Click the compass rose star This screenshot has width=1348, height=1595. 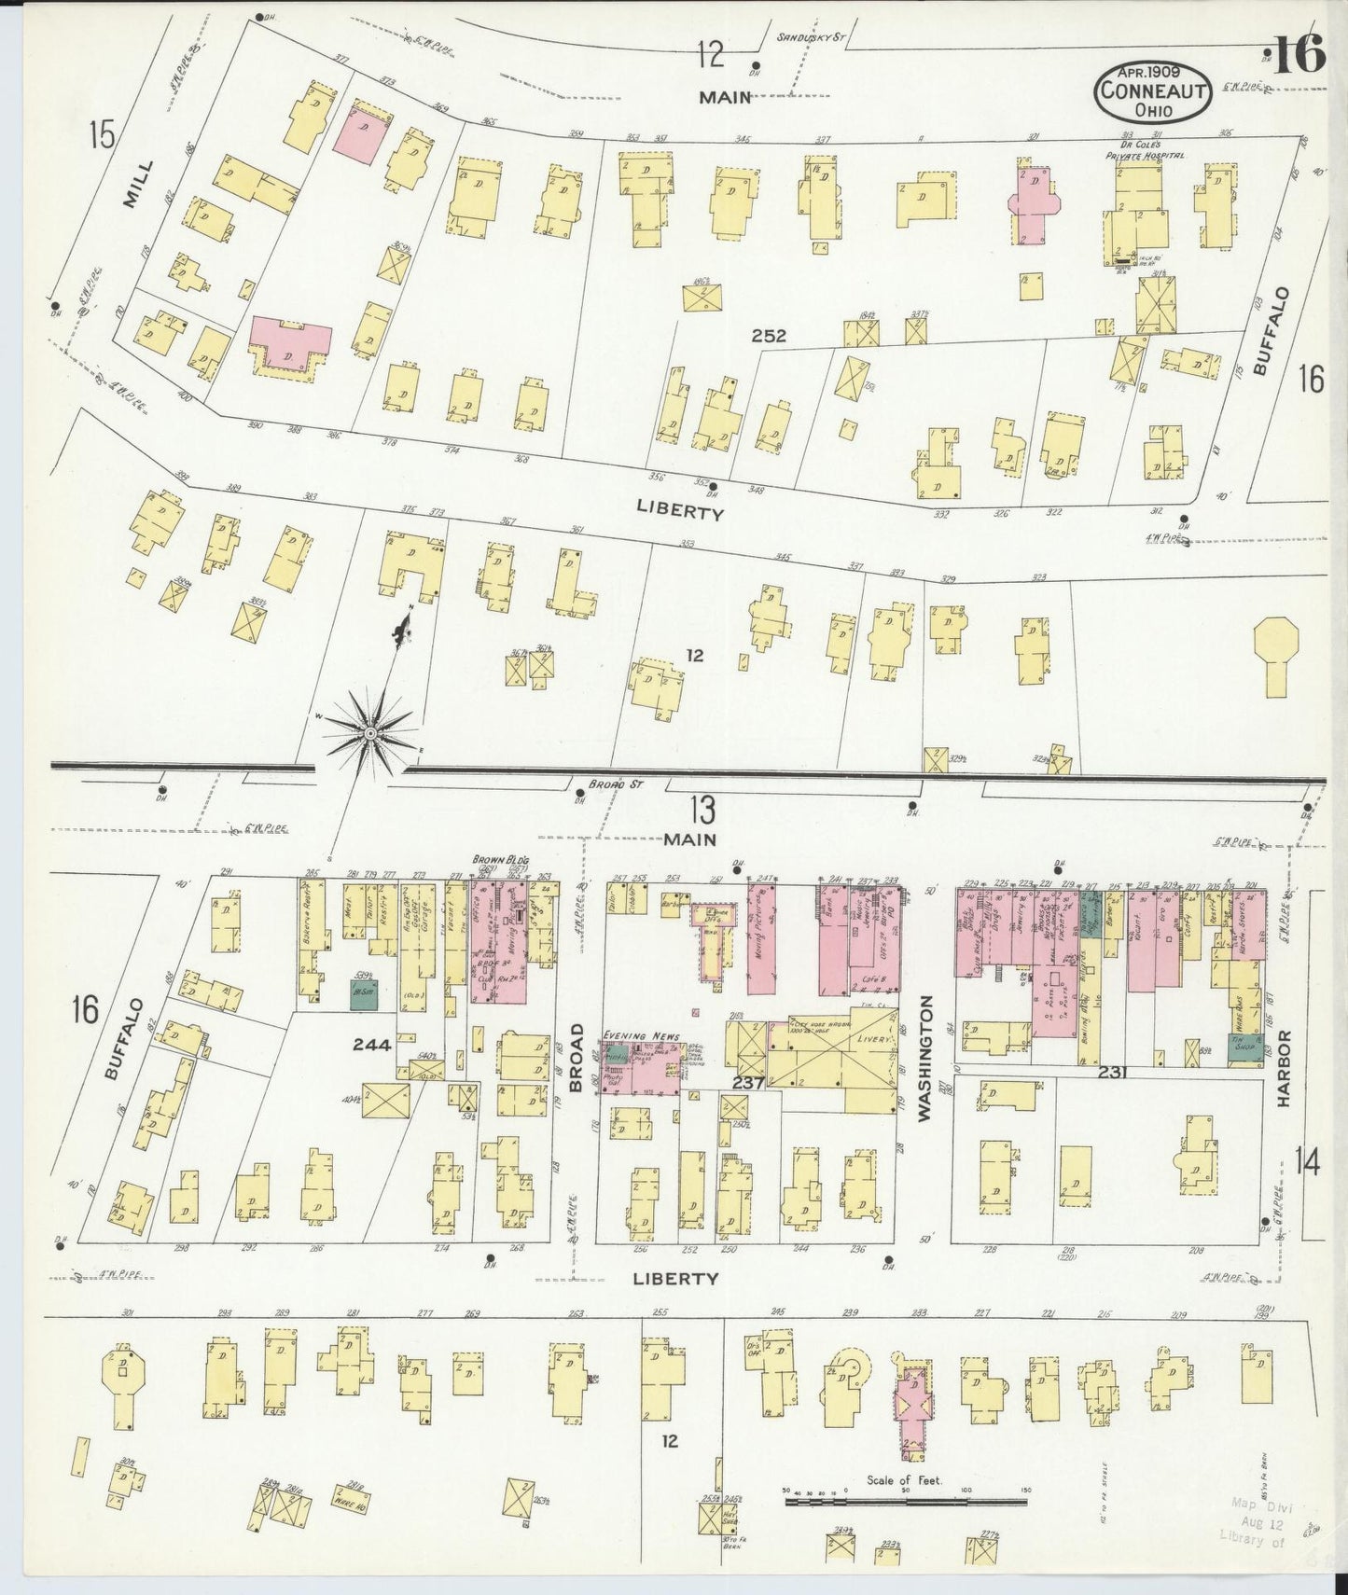pyautogui.click(x=370, y=734)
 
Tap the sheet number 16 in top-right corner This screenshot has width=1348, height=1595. pyautogui.click(x=1297, y=58)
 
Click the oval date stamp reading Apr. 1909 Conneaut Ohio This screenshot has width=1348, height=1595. pyautogui.click(x=1153, y=92)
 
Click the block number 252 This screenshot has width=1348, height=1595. pyautogui.click(x=769, y=336)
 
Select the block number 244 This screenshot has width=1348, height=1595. pyautogui.click(x=371, y=1046)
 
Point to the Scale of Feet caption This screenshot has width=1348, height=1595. pyautogui.click(x=904, y=1480)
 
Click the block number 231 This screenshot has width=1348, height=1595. pyautogui.click(x=1113, y=1073)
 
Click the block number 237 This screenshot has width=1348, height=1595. pyautogui.click(x=748, y=1083)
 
